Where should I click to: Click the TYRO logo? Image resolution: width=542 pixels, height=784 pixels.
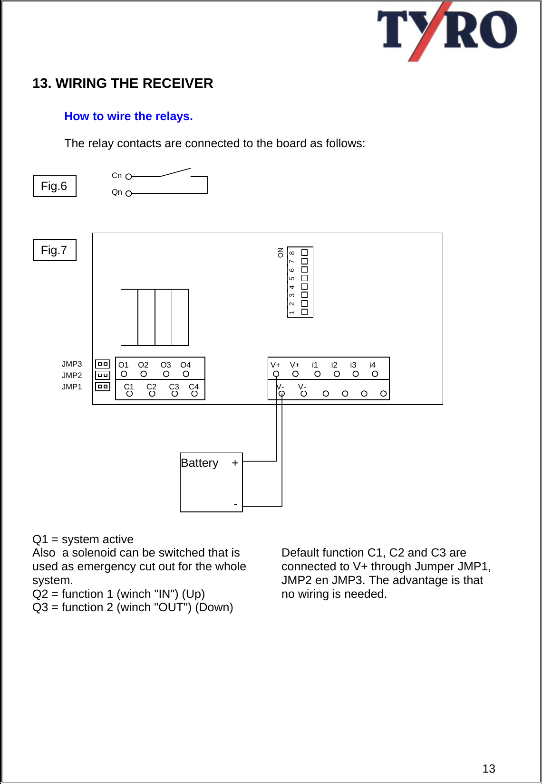coord(447,31)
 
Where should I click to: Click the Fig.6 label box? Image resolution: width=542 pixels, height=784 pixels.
coord(54,186)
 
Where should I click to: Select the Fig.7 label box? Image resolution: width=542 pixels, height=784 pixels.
coord(54,250)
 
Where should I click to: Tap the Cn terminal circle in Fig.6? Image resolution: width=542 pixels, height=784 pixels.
coord(128,177)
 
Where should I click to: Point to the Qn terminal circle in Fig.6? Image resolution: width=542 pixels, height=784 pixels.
coord(128,193)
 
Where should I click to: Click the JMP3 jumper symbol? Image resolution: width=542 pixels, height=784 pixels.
coord(103,364)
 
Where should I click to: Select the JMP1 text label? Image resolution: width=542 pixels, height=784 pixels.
coord(72,387)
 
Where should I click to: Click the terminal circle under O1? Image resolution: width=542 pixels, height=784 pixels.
coord(124,374)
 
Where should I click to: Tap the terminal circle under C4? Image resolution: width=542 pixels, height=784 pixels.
coord(194,394)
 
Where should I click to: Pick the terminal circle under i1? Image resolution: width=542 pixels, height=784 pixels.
coord(317,374)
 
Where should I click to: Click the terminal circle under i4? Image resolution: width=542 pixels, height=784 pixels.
coord(375,374)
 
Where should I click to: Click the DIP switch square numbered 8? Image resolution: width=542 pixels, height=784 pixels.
coord(304,253)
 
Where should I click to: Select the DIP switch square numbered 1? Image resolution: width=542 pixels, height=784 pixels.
coord(304,312)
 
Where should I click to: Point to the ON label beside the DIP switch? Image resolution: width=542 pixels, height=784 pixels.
coord(281,253)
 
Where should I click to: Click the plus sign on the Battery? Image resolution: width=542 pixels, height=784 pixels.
coord(235,463)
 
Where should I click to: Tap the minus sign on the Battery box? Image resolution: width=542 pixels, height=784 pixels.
coord(236,504)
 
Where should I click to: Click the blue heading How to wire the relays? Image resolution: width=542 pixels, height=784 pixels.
coord(128,116)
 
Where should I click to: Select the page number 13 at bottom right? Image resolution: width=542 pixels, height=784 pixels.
coord(489,768)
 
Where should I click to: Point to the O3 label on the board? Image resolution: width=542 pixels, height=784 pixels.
coord(165,365)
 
